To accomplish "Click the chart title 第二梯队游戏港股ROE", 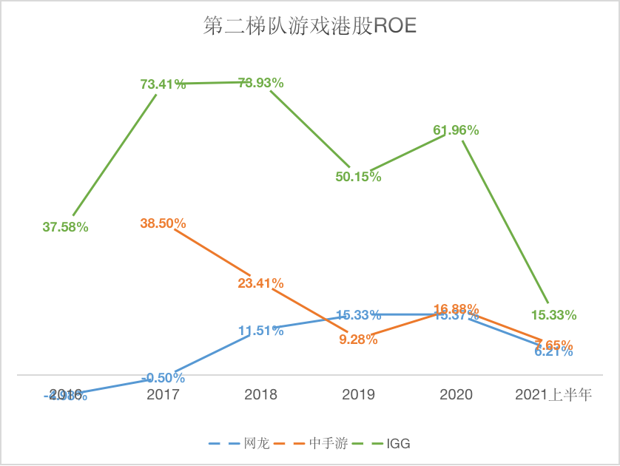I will click(310, 27).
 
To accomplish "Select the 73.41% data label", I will click(163, 84).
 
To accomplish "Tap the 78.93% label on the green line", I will click(260, 83).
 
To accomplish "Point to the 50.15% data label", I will click(358, 177).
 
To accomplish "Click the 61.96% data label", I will click(456, 130).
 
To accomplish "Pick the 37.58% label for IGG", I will click(65, 228).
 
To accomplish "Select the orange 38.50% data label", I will click(163, 223).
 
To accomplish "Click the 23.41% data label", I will click(260, 283).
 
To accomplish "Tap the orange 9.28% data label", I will click(358, 340).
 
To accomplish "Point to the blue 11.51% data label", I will click(260, 331).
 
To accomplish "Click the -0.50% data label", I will click(164, 378).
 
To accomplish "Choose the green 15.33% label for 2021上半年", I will click(553, 315).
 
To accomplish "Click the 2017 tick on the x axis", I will click(163, 395).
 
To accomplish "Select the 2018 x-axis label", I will click(260, 395).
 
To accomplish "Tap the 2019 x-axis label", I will click(358, 395).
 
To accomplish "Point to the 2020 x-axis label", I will click(456, 395).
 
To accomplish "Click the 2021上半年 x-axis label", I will click(553, 395).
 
